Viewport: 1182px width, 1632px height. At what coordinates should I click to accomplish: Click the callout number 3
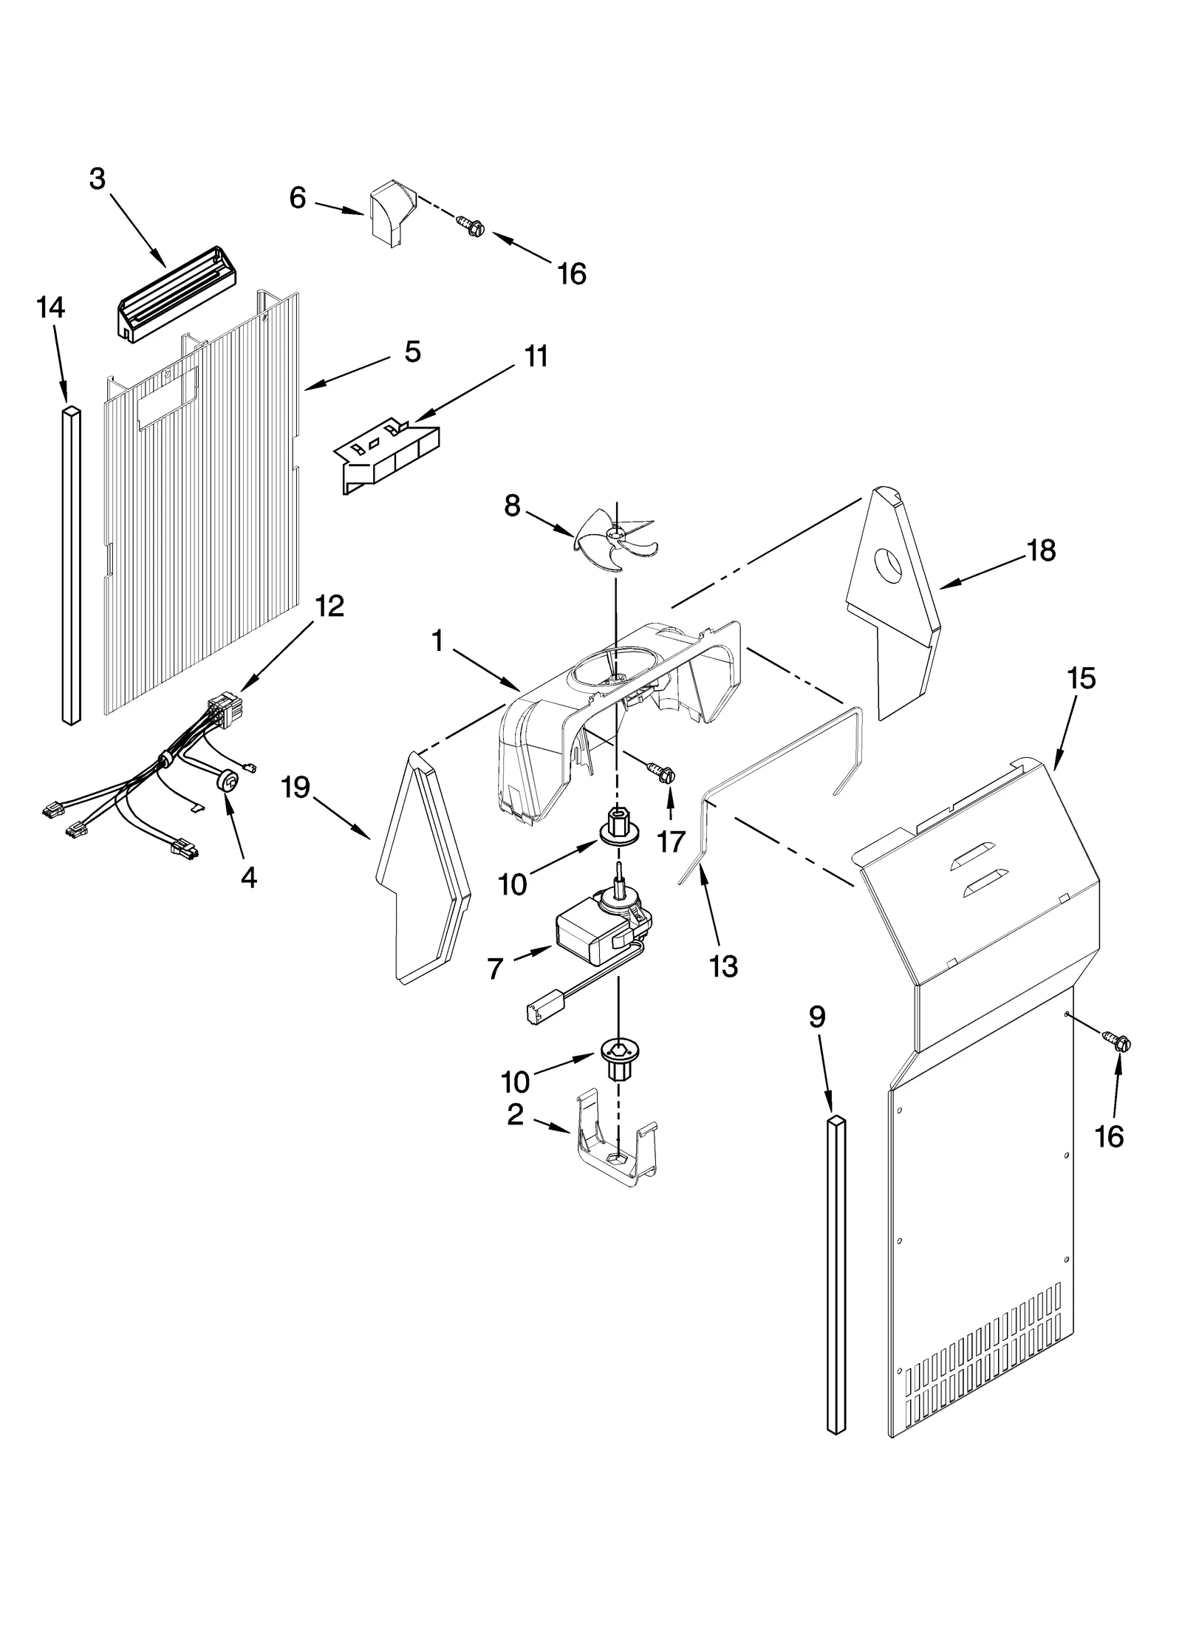coord(98,179)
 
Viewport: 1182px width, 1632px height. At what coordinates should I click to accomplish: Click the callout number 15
coord(1082,678)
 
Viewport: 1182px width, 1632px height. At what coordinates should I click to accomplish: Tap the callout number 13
coord(724,966)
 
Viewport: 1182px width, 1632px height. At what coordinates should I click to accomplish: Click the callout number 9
coord(816,1017)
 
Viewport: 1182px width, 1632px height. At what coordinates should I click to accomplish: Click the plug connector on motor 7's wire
coord(538,1010)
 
